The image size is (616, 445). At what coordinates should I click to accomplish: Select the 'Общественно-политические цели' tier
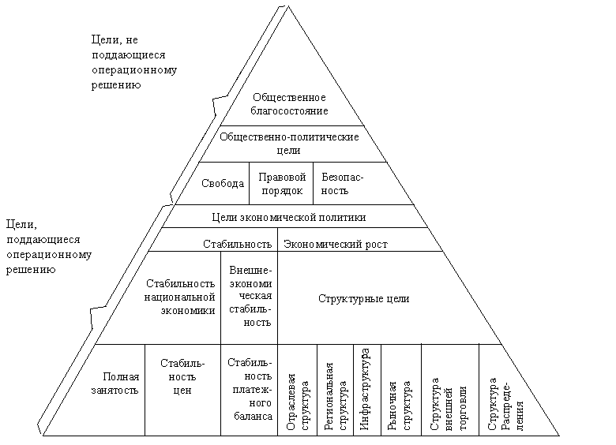(x=289, y=143)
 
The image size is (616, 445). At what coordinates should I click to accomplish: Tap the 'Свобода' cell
(x=223, y=184)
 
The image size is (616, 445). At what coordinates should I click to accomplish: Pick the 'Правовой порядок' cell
(x=282, y=184)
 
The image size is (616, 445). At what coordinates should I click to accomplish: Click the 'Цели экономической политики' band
(x=290, y=217)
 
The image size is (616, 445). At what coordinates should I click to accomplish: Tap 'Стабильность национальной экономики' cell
(x=180, y=297)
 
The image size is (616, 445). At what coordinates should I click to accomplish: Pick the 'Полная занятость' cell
(x=121, y=383)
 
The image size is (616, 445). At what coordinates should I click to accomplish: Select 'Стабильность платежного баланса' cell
(x=249, y=389)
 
